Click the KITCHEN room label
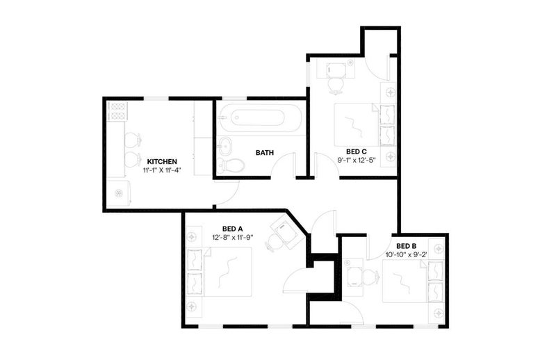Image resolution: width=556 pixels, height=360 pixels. (162, 162)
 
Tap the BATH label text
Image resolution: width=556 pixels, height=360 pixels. (265, 153)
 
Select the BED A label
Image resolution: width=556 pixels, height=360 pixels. (232, 229)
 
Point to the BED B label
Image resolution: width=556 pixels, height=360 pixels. (406, 246)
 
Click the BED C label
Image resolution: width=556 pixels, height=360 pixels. (357, 152)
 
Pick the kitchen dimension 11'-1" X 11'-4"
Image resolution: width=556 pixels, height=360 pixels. (162, 170)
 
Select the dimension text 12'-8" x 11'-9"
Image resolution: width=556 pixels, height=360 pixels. (232, 237)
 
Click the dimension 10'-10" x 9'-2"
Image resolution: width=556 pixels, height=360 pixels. (406, 254)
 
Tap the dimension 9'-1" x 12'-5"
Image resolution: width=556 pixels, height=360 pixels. (357, 161)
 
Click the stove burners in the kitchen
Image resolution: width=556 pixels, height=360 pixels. (117, 111)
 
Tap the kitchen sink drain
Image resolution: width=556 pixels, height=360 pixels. (118, 193)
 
